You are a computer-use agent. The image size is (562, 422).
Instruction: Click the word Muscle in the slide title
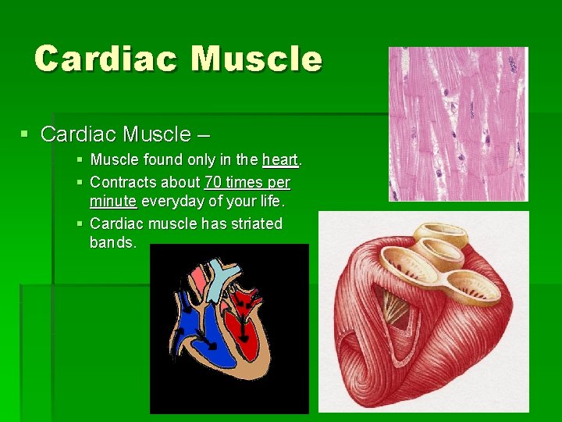pyautogui.click(x=256, y=59)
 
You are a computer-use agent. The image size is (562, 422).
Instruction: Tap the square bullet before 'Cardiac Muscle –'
pyautogui.click(x=26, y=134)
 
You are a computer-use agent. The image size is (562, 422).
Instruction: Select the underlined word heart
pyautogui.click(x=280, y=160)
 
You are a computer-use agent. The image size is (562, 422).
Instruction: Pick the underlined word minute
pyautogui.click(x=113, y=202)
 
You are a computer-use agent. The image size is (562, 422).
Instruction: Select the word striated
pyautogui.click(x=254, y=224)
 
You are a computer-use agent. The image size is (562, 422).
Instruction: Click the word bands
pyautogui.click(x=112, y=242)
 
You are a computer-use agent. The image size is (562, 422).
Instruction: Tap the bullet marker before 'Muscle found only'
pyautogui.click(x=82, y=160)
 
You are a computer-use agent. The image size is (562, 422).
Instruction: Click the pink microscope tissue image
pyautogui.click(x=458, y=123)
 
